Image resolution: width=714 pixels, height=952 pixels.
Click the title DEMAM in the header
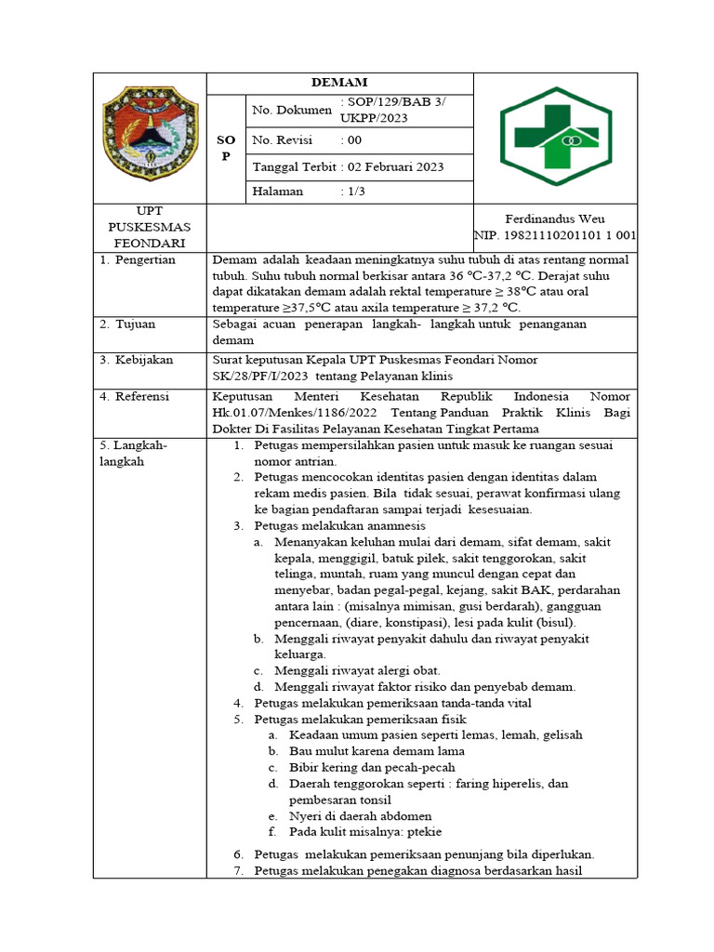point(339,83)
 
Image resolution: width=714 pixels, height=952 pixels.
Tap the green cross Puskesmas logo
point(556,137)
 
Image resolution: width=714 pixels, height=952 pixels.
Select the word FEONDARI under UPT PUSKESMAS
point(150,242)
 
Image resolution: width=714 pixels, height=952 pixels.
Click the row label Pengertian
point(146,260)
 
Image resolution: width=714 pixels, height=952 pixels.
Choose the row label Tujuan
point(137,324)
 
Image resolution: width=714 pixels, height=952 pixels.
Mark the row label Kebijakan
point(144,360)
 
